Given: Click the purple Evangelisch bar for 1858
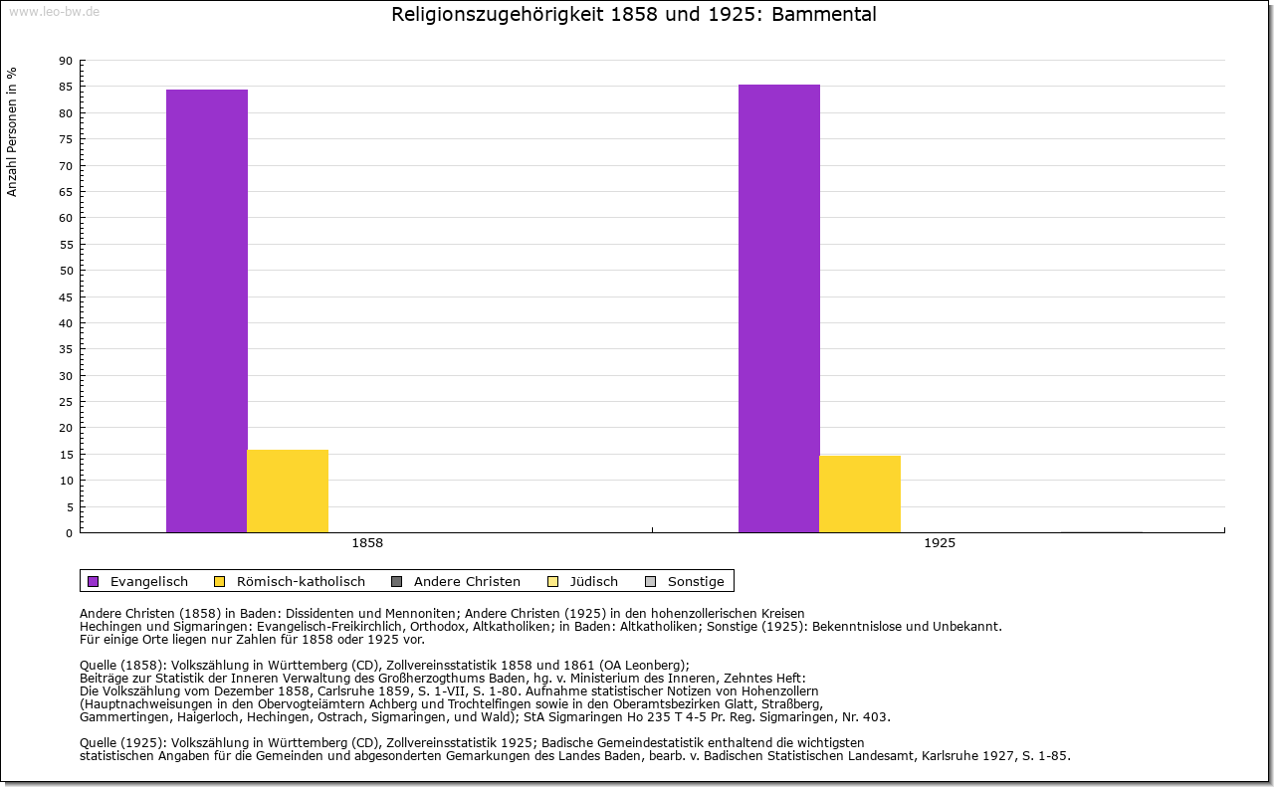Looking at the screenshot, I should coord(207,310).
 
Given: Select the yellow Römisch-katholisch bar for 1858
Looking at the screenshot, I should coord(288,491).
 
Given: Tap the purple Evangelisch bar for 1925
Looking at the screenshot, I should coord(779,308).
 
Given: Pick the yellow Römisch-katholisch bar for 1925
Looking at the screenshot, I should coord(860,493).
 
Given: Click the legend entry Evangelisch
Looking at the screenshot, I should coord(148,581).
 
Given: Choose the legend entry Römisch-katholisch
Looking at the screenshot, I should coord(301,581).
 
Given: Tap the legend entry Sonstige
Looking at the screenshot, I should coord(696,581).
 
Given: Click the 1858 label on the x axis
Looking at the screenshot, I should coord(367,543).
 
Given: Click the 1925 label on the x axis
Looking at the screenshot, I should coord(940,543).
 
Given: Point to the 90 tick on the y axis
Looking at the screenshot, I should coord(66,61).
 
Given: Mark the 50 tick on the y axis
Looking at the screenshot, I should coord(66,271).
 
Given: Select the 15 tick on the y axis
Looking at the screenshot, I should coord(66,455).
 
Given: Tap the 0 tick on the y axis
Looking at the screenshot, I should coord(69,533).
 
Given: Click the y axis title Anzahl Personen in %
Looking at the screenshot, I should coord(12,131).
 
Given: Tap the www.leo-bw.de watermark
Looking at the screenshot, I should coord(53,11).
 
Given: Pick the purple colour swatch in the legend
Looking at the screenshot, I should coord(94,581).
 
